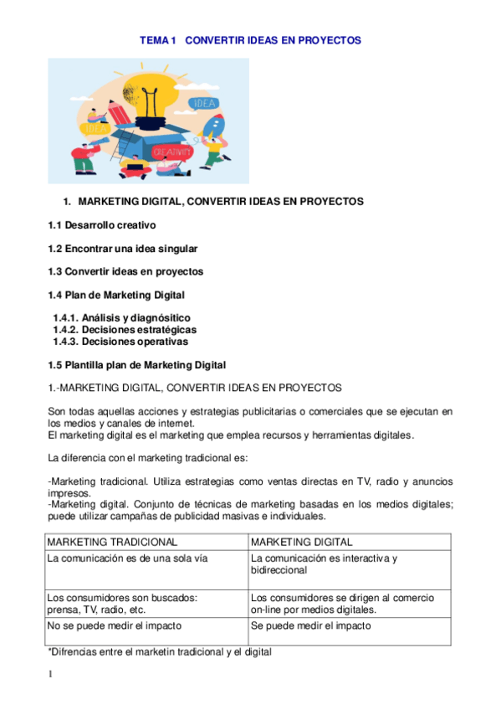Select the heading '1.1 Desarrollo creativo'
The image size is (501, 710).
pyautogui.click(x=101, y=225)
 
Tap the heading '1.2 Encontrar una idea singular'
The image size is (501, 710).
pyautogui.click(x=123, y=249)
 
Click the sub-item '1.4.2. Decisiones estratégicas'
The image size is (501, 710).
pyautogui.click(x=125, y=330)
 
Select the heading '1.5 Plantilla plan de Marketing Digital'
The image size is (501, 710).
pyautogui.click(x=136, y=364)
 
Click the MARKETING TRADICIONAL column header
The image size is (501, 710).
pyautogui.click(x=112, y=543)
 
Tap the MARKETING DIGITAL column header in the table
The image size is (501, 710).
pyautogui.click(x=301, y=543)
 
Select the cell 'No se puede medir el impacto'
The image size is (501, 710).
pyautogui.click(x=115, y=625)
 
